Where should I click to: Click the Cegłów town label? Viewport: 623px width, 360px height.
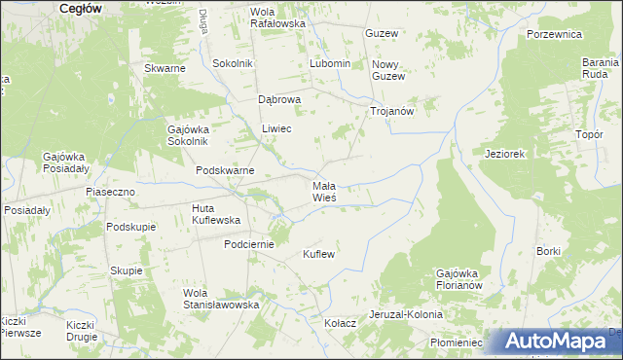[82, 7]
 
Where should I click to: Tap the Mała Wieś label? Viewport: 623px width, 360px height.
[324, 191]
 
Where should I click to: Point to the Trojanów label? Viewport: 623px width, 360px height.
[392, 111]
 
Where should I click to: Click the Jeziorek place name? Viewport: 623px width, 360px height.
[505, 154]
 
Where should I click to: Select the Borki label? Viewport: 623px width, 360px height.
[548, 251]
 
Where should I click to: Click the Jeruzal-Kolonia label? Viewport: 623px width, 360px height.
[406, 315]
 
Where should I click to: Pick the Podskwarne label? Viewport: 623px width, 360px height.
[225, 170]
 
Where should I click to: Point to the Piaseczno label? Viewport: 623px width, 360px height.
[110, 192]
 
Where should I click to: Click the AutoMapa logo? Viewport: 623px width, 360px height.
[557, 342]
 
